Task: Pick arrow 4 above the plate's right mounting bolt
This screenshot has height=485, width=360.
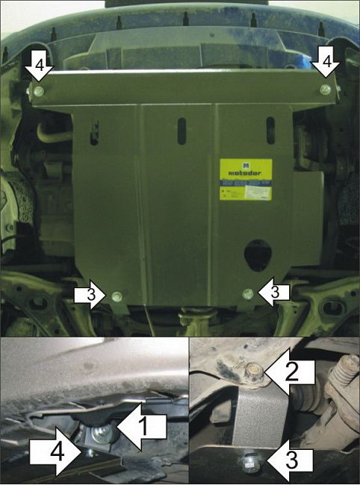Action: pyautogui.click(x=326, y=63)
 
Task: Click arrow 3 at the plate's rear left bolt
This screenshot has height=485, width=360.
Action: pyautogui.click(x=91, y=295)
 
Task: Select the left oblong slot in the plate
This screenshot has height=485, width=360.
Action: pyautogui.click(x=94, y=131)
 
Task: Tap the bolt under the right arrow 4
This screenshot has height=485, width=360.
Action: pyautogui.click(x=324, y=89)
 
